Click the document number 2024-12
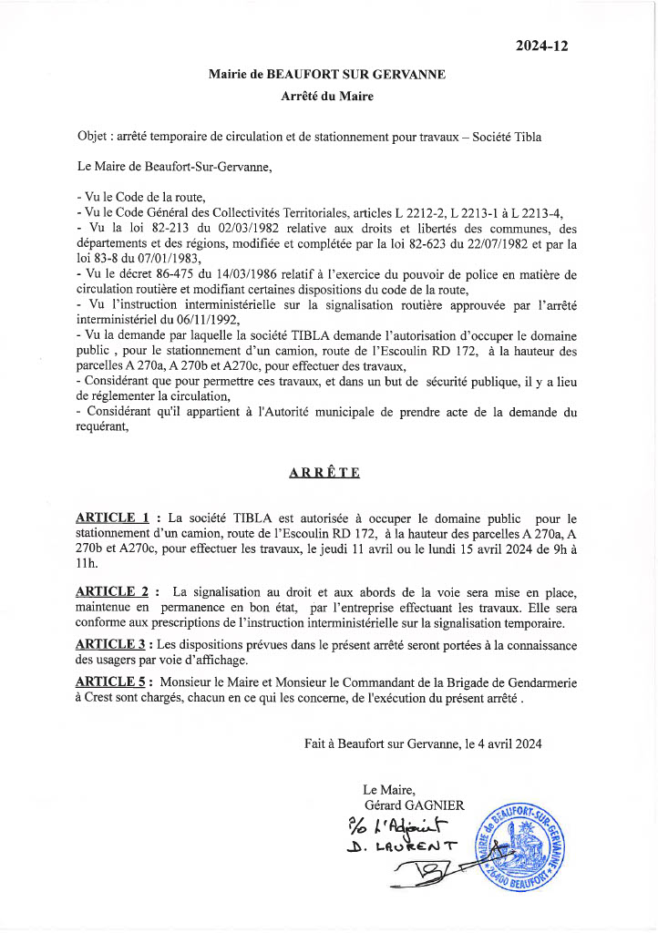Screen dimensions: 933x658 [x=542, y=46]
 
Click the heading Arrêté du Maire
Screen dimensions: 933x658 [x=327, y=96]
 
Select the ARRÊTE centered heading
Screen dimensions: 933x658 [x=324, y=472]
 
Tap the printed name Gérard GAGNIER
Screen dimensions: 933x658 [x=414, y=805]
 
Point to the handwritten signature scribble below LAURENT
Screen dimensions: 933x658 [x=428, y=877]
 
